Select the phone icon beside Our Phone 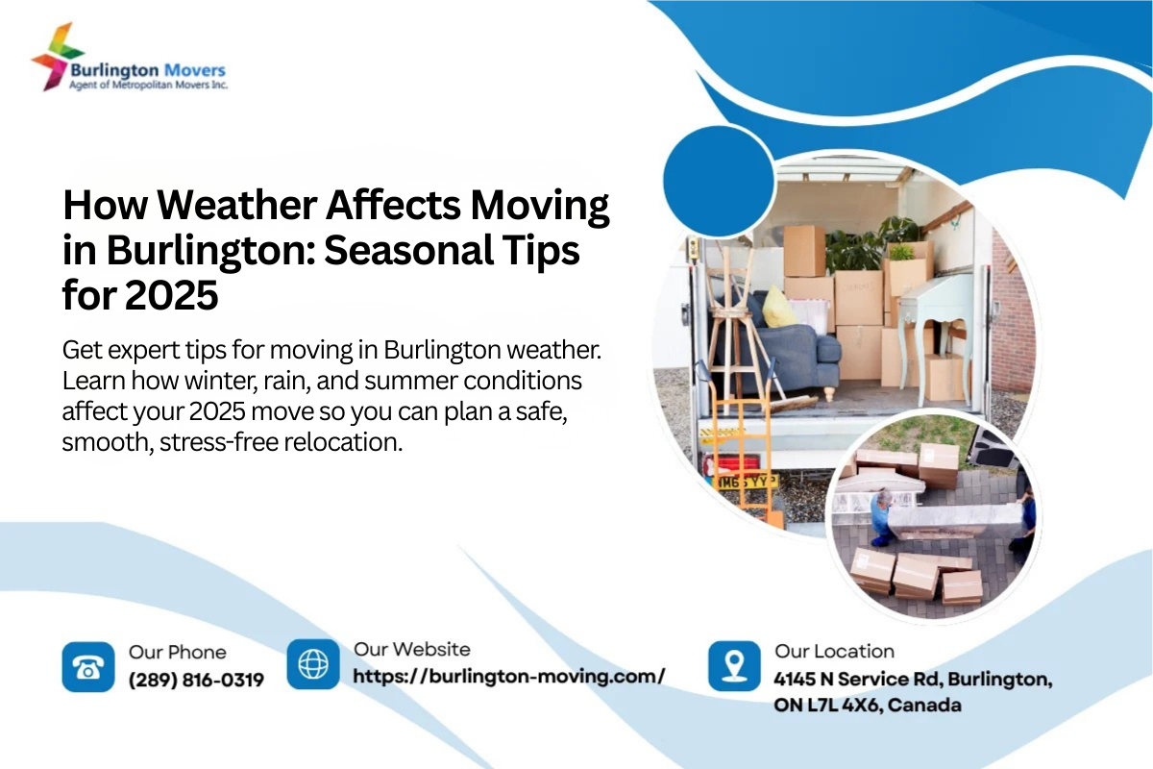point(87,667)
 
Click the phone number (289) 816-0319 point(196,681)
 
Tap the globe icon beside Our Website point(313,664)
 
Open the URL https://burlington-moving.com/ point(508,676)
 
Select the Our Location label point(834,652)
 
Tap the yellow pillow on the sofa point(779,307)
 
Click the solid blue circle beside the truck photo point(718,175)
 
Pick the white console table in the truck point(935,308)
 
